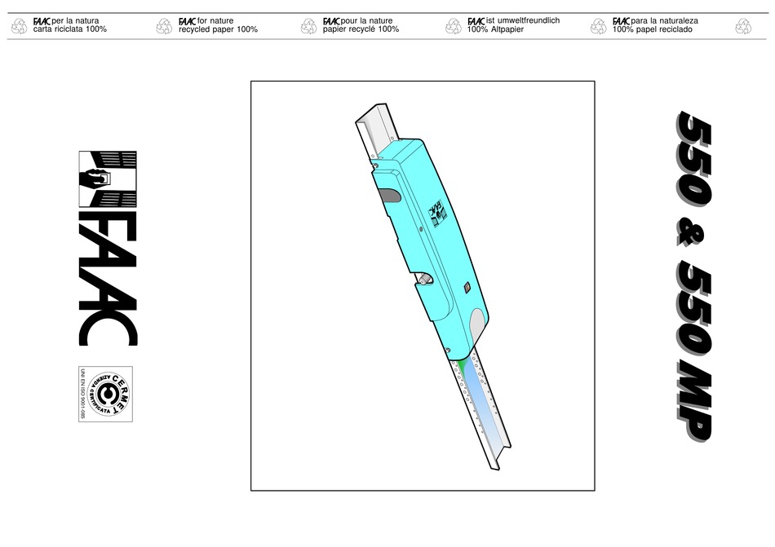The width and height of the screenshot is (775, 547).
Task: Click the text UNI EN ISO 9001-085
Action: coord(83,394)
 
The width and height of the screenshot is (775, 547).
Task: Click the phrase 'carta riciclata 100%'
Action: coord(69,29)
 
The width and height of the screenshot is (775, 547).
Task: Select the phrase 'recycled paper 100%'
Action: coord(218,29)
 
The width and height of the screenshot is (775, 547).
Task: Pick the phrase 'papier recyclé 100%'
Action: coord(361,29)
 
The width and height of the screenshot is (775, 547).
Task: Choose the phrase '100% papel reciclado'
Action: coord(653,29)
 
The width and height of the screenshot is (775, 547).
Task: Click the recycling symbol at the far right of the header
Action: coord(742,26)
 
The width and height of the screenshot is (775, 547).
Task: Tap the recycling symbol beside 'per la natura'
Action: coord(19,26)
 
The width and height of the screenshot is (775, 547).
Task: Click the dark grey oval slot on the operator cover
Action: coord(391,195)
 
